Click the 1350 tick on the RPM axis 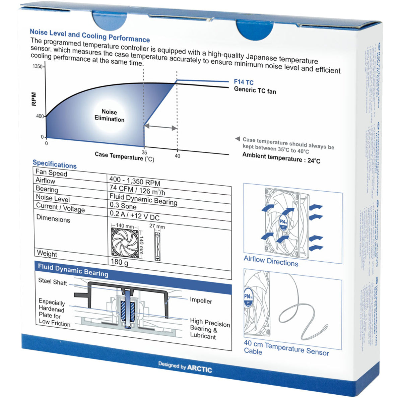tap(38, 66)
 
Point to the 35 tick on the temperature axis tap(144, 152)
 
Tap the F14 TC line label tap(244, 82)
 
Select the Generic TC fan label tap(255, 90)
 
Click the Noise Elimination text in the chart tap(109, 116)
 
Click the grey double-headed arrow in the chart tap(160, 127)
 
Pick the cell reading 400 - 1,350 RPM tap(135, 181)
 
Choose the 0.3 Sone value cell tap(123, 206)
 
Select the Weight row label tap(47, 254)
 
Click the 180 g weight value tap(119, 262)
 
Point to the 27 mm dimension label tap(157, 226)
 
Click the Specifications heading tap(55, 164)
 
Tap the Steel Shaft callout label tap(53, 282)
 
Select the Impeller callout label tap(201, 301)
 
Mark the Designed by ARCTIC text tap(185, 367)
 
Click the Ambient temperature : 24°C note tap(281, 158)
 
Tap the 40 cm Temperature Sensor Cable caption tap(286, 347)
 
